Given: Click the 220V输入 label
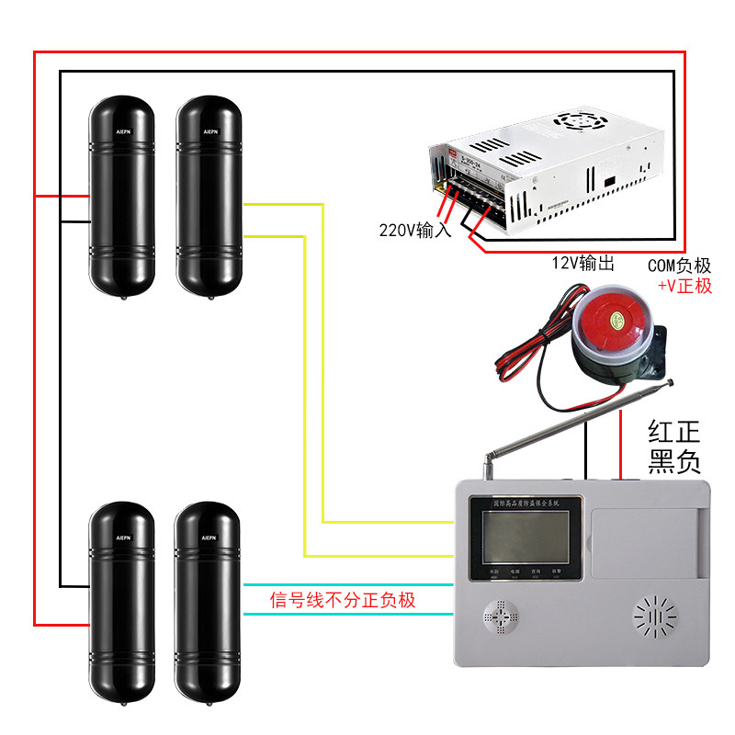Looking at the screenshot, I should [x=415, y=230].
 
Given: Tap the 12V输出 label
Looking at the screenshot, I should [x=582, y=264].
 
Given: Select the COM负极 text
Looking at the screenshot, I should [x=679, y=266].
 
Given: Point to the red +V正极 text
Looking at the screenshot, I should [x=684, y=286].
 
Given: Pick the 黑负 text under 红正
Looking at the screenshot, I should [x=674, y=462].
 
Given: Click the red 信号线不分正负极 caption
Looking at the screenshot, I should [x=343, y=601].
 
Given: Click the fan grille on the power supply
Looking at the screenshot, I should [x=580, y=120].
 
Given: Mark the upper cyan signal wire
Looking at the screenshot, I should [x=349, y=584].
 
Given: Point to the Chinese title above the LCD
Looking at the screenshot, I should [x=520, y=503].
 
